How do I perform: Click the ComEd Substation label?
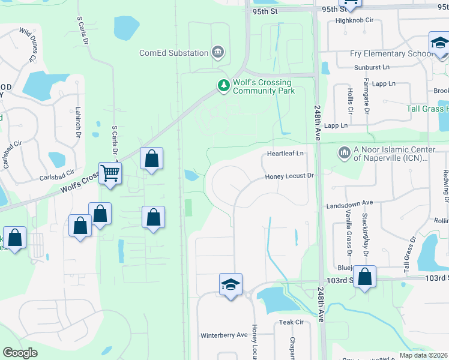[173, 53]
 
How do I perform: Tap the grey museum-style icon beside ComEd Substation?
[218, 53]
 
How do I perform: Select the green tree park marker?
[224, 86]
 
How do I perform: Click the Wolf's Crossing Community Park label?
[264, 86]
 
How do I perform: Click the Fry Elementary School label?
[391, 54]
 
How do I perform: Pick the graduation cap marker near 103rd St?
[231, 286]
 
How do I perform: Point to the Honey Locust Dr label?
[291, 176]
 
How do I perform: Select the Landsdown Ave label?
[350, 204]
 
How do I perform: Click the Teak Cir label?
[291, 322]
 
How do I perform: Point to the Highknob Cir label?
[355, 20]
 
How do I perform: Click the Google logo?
[20, 353]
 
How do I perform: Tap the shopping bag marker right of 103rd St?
[364, 277]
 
